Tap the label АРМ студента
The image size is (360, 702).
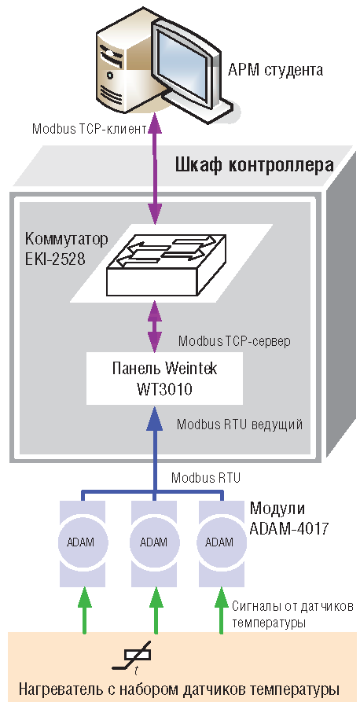(x=275, y=70)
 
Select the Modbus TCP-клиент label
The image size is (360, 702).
(x=90, y=129)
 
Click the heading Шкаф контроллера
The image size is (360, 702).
(x=253, y=165)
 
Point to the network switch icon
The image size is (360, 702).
(x=167, y=264)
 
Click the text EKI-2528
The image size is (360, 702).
(x=56, y=259)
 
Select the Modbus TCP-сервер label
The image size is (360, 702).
(x=234, y=341)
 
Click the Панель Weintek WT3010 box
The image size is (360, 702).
(x=164, y=378)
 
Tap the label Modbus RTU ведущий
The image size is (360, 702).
(x=240, y=425)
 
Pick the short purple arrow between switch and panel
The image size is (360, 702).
(x=155, y=326)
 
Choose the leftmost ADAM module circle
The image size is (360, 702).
(x=82, y=542)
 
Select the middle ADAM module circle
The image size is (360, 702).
(x=154, y=542)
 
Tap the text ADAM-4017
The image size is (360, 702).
(x=289, y=527)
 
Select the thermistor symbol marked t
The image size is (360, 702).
(x=133, y=657)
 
